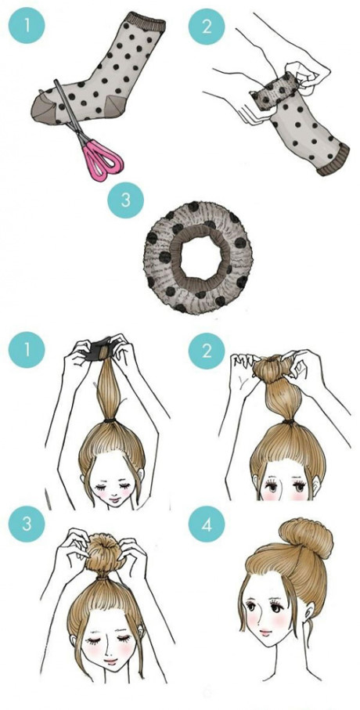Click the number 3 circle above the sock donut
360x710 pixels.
(125, 200)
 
